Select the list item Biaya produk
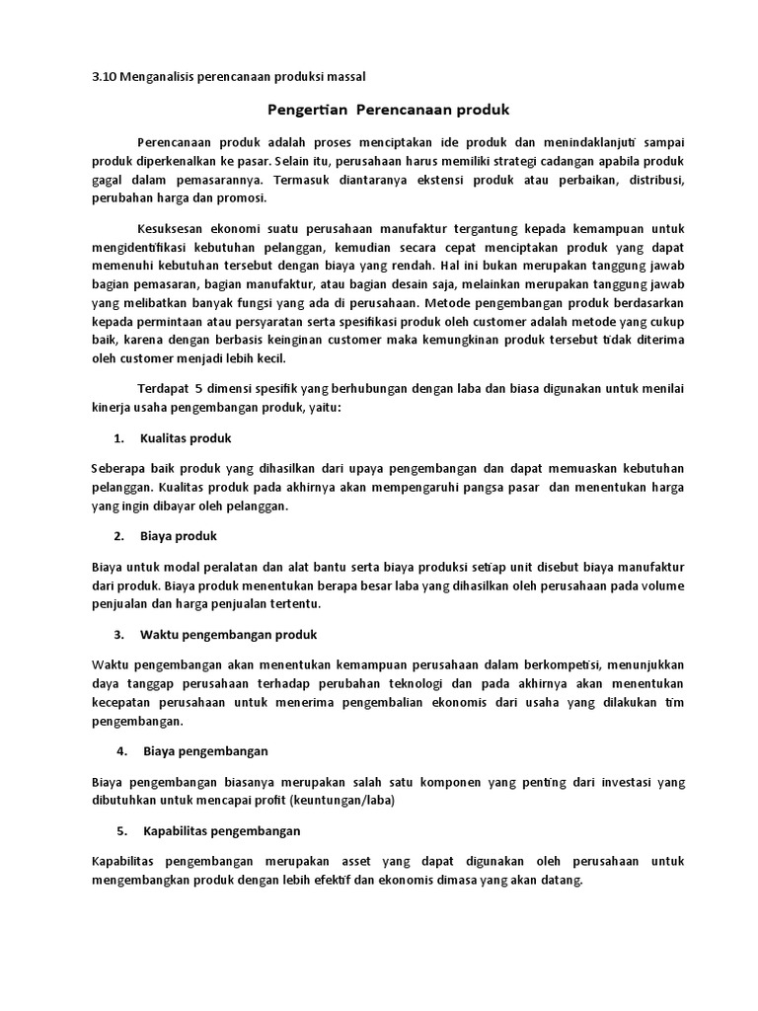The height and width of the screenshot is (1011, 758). pos(179,535)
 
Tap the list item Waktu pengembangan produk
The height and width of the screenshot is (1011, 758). pos(229,633)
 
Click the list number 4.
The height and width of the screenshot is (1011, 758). pos(120,750)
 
